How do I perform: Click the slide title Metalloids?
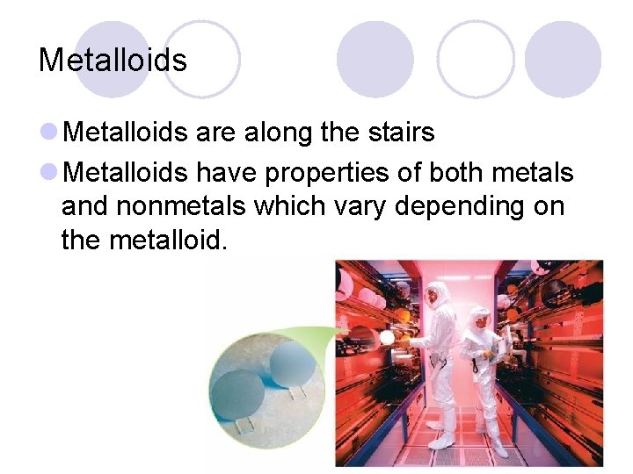(113, 61)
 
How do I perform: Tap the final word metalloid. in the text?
(168, 239)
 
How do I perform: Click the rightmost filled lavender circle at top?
(563, 59)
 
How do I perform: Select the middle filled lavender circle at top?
(375, 59)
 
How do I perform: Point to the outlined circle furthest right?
(476, 59)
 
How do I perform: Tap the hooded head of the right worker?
(479, 318)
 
